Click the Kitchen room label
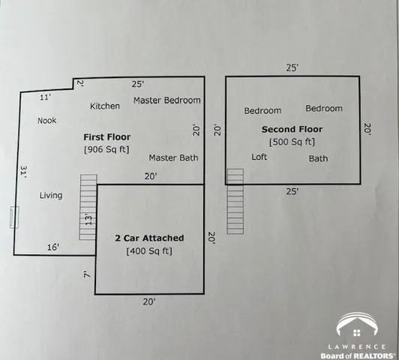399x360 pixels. [105, 106]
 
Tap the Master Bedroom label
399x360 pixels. [166, 100]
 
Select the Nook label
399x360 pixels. [46, 120]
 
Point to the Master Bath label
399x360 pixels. [173, 157]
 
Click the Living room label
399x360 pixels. [51, 196]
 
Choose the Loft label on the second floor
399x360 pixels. [259, 157]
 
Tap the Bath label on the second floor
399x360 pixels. [318, 158]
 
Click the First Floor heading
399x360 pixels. [106, 137]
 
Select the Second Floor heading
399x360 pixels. [292, 129]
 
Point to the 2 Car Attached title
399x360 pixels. [149, 238]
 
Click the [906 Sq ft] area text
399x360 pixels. [106, 149]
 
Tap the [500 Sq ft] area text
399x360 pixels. [292, 141]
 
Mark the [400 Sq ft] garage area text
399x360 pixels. [149, 250]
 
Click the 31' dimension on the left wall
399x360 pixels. [24, 172]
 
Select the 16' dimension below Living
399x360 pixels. [53, 247]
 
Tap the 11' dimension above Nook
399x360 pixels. [45, 97]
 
